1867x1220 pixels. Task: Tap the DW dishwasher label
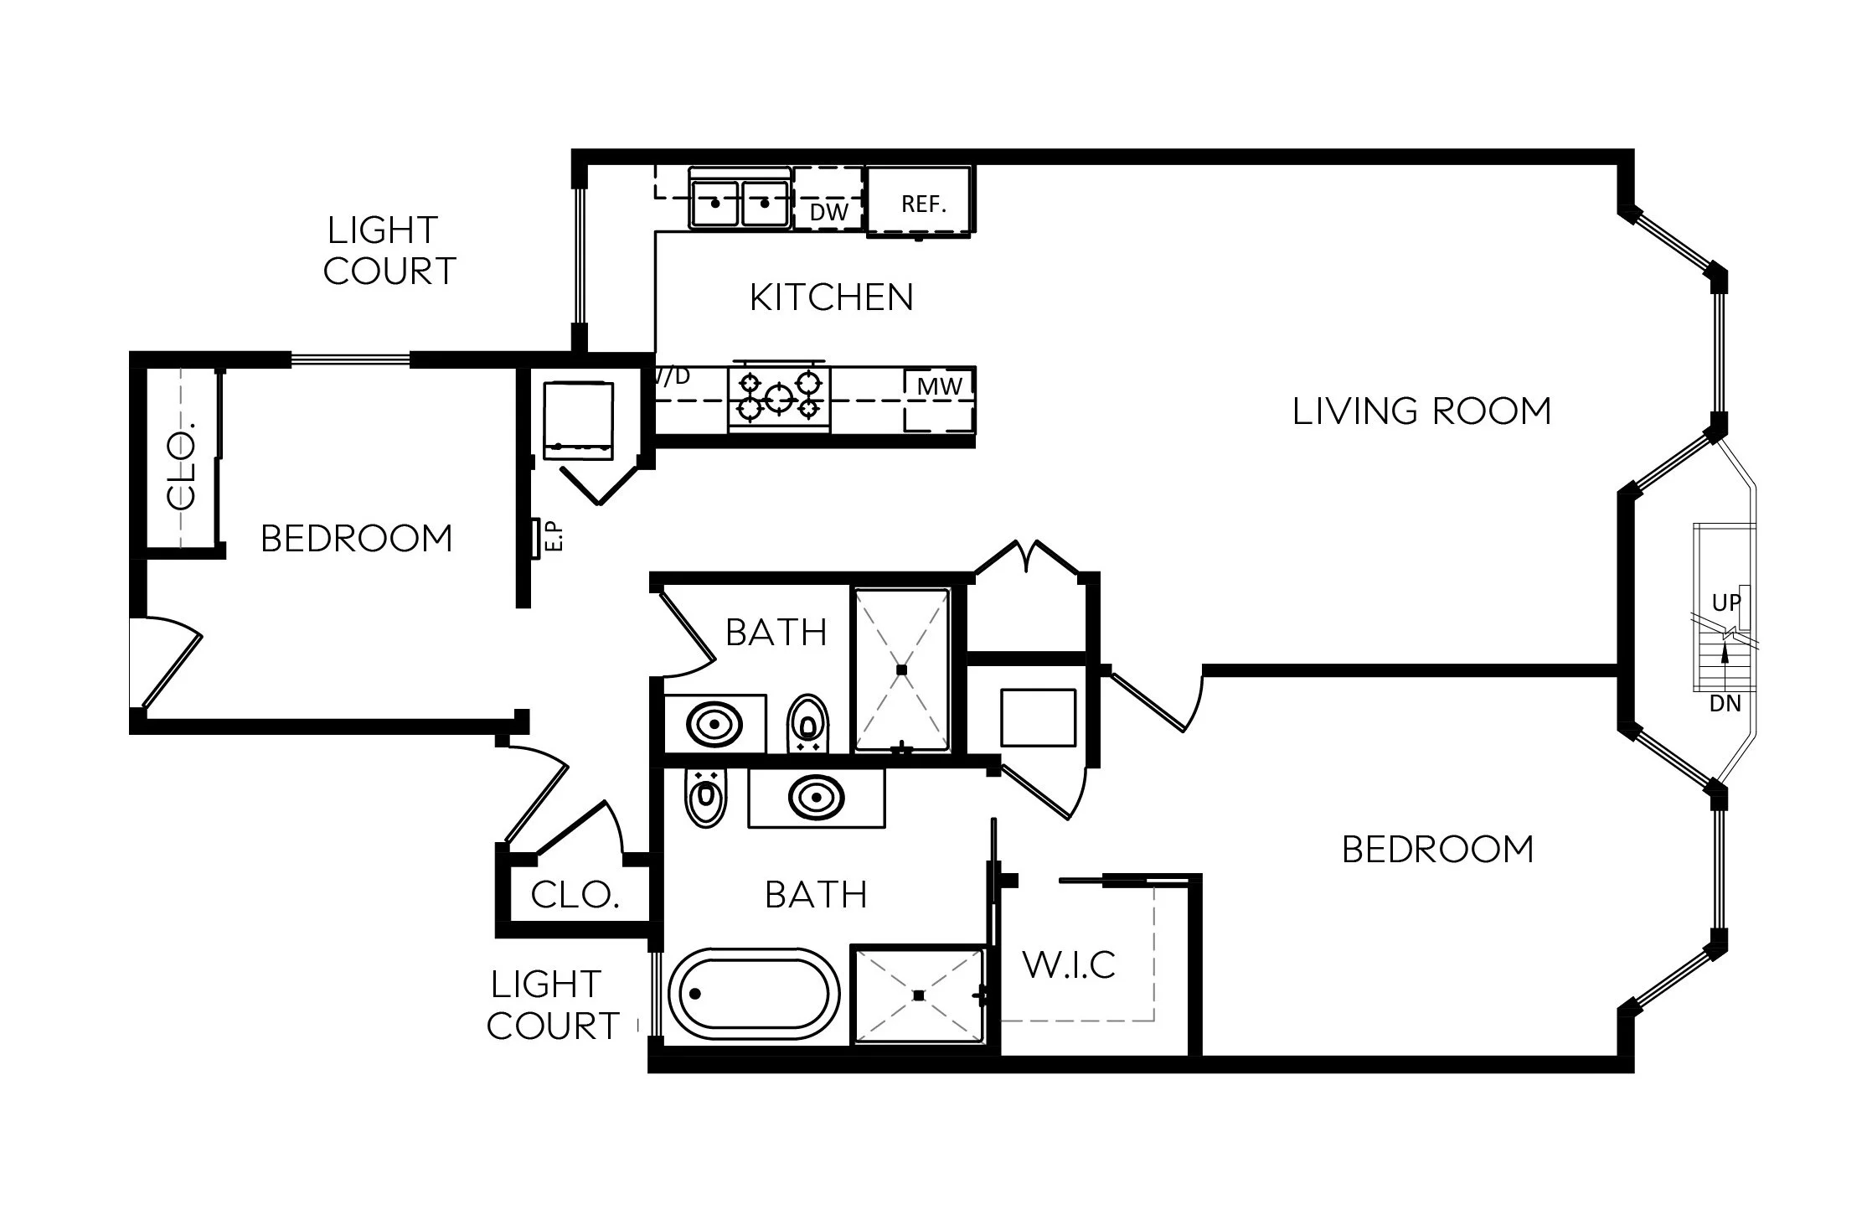point(828,212)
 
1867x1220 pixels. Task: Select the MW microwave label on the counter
point(940,386)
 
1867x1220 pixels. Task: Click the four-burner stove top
point(779,397)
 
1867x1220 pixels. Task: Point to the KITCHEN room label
point(831,297)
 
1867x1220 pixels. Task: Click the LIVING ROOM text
point(1421,411)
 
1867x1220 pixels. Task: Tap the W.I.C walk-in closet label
point(1070,965)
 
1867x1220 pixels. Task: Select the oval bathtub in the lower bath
point(754,994)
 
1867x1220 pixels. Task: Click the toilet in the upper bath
point(807,721)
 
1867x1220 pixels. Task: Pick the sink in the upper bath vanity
point(714,723)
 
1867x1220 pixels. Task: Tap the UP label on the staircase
point(1725,602)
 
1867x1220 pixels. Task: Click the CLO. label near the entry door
point(575,896)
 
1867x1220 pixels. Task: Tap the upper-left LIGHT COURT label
point(389,251)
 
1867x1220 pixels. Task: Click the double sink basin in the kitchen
point(739,204)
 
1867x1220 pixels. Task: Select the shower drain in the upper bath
point(902,669)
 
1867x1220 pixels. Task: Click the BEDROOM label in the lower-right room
point(1437,850)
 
